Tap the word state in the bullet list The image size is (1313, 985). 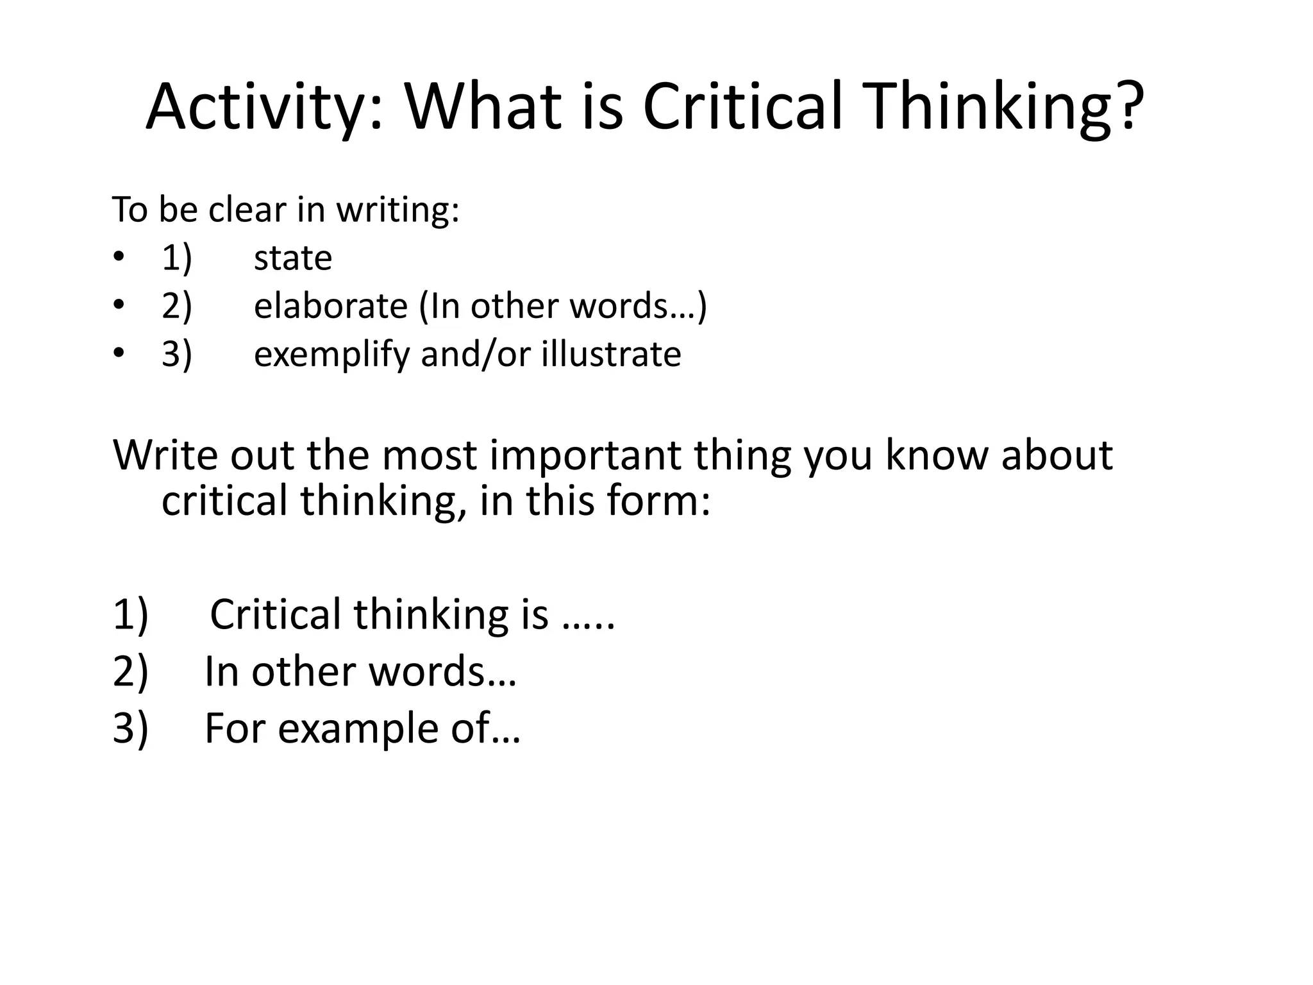click(x=293, y=258)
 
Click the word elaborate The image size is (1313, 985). click(x=330, y=306)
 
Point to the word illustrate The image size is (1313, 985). click(x=611, y=353)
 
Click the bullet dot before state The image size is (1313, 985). click(x=118, y=258)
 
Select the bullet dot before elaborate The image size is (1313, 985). click(x=118, y=305)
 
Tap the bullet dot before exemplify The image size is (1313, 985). click(x=118, y=353)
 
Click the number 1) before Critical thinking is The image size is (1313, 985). click(x=131, y=614)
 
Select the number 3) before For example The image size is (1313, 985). click(x=131, y=729)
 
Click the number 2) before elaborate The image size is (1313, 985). click(x=176, y=306)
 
